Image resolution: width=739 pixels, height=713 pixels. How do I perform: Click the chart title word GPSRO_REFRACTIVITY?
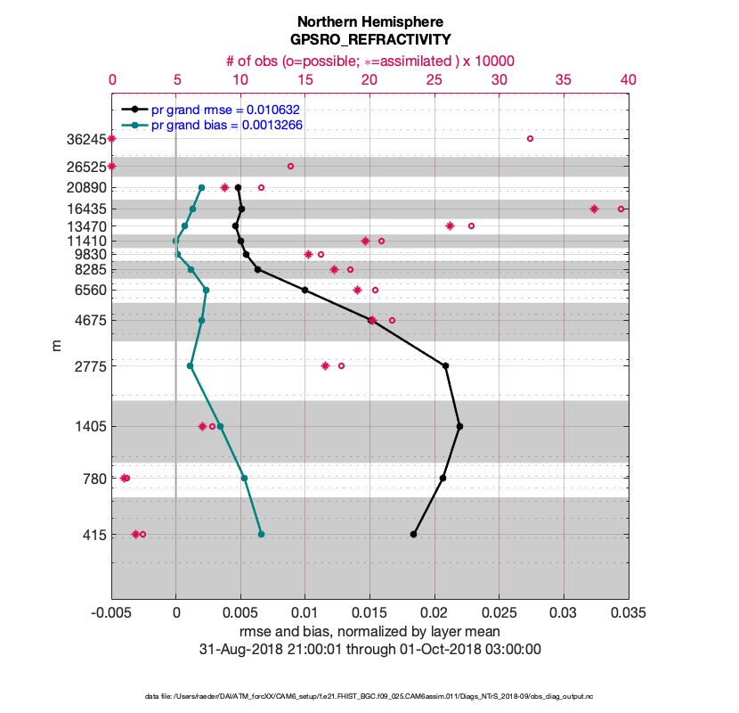click(x=369, y=40)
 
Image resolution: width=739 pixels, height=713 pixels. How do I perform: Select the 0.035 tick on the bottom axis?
click(x=628, y=613)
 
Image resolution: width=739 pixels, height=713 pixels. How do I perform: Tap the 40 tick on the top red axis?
click(x=628, y=79)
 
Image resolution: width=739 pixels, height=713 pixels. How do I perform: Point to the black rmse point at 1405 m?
click(x=459, y=426)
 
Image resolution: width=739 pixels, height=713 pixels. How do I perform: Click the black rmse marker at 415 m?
click(x=413, y=534)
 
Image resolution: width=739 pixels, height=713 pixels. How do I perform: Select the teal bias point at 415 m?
click(x=261, y=534)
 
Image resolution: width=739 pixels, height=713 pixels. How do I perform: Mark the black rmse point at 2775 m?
click(x=445, y=365)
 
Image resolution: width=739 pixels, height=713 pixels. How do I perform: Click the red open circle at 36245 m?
click(x=530, y=139)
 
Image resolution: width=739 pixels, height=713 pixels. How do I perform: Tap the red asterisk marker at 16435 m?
click(x=594, y=209)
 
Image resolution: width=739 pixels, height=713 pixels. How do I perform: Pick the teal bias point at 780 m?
click(x=244, y=478)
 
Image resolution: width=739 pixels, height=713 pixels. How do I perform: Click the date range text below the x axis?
click(x=369, y=649)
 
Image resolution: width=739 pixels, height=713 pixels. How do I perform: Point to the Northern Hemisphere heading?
click(x=369, y=21)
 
